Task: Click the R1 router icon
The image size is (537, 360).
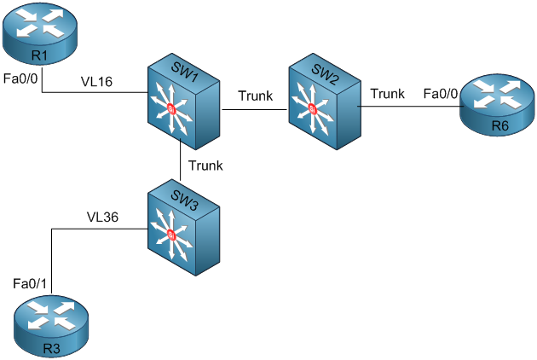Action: coord(38,34)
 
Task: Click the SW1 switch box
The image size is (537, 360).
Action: coord(183,102)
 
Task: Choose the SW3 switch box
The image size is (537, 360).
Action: coord(183,227)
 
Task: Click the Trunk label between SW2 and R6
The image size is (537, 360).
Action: coord(387,94)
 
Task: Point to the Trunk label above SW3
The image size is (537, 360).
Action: coord(205,165)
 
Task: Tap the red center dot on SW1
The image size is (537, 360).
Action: coord(171,108)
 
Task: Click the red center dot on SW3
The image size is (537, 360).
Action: coord(171,235)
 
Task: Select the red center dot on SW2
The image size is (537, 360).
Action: coord(312,108)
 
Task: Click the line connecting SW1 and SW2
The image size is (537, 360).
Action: coord(254,108)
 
